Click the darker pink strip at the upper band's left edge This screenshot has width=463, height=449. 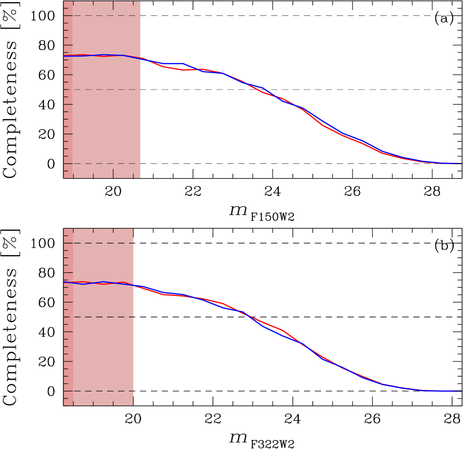click(68, 116)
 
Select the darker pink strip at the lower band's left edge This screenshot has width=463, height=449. click(68, 343)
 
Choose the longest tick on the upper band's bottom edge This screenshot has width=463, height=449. click(93, 175)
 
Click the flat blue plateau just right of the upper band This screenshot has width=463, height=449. click(173, 64)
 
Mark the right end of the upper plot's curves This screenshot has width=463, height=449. click(460, 163)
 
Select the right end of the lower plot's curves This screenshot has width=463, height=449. click(460, 391)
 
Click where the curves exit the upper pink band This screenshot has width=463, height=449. click(140, 58)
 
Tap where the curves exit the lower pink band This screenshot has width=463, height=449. click(134, 285)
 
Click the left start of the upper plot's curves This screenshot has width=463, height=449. click(65, 56)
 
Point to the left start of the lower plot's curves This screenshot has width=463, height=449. click(65, 282)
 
